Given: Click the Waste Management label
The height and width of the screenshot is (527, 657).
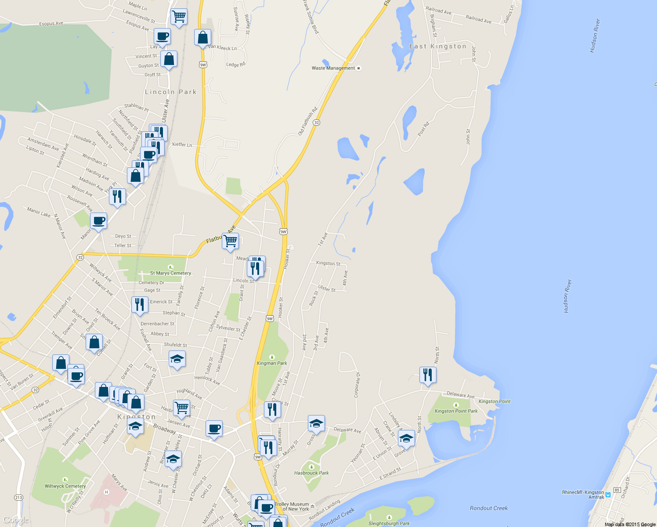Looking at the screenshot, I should [x=333, y=68].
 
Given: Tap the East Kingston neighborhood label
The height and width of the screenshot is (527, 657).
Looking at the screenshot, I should [x=437, y=47].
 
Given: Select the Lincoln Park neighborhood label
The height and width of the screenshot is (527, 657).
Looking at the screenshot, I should [x=170, y=92].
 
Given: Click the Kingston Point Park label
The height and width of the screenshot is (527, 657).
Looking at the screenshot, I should [x=456, y=411].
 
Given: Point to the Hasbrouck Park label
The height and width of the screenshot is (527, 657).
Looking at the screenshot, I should [x=311, y=473].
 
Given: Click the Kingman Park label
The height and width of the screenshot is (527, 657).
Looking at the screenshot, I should [x=272, y=363].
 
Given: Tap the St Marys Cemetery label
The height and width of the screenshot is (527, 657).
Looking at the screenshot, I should [x=171, y=273].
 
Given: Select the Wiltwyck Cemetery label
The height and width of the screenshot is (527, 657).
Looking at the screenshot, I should [x=65, y=486].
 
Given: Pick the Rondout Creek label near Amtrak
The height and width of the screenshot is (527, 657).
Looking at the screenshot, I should [x=488, y=508].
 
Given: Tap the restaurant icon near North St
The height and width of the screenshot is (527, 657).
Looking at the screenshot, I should [x=428, y=375].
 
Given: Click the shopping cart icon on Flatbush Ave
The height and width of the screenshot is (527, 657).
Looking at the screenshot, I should [x=230, y=241].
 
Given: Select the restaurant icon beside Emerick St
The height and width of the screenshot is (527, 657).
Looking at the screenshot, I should [x=139, y=304].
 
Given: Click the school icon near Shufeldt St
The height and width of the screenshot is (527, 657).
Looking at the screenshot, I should [x=177, y=359].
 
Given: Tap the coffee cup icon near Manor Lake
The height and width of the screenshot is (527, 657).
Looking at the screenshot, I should [x=98, y=221].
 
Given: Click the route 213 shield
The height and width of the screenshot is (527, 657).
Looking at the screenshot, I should [x=18, y=498].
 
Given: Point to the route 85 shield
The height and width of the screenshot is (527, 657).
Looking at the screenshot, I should [x=617, y=490].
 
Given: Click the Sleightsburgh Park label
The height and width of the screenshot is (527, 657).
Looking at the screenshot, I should [x=389, y=523].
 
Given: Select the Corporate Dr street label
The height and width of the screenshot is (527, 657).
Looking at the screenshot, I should [x=357, y=385].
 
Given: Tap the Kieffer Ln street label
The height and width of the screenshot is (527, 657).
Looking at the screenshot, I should [x=182, y=144].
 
